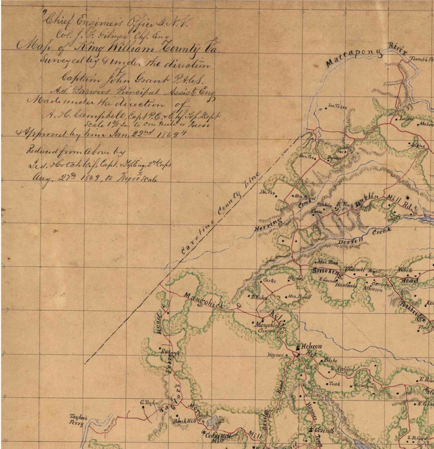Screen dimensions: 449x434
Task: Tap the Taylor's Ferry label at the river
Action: click(x=79, y=419)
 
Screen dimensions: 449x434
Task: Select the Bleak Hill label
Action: click(x=184, y=421)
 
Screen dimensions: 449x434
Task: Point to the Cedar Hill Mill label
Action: click(x=220, y=437)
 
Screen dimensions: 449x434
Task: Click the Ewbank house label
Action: click(x=170, y=353)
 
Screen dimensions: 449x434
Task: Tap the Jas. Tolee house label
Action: click(x=337, y=107)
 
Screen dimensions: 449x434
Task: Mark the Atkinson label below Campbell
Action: click(x=372, y=289)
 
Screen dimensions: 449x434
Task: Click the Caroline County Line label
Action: click(x=221, y=217)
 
